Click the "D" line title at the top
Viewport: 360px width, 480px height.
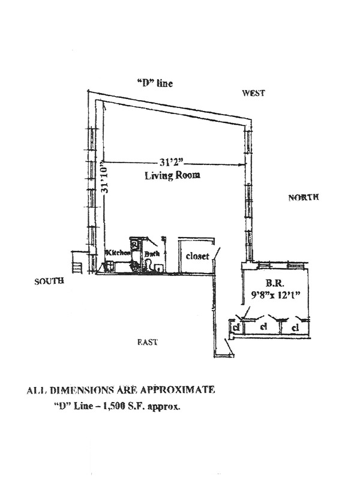(155, 83)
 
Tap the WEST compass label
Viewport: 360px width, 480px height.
(253, 93)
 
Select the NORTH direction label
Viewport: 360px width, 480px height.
(303, 197)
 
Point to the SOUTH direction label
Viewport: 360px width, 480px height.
(49, 281)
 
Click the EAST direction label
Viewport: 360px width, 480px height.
(148, 342)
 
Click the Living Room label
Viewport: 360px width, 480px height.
(172, 176)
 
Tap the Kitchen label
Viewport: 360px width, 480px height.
(118, 253)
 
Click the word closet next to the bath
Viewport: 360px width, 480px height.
(197, 256)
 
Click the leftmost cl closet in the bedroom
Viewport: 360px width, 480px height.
(237, 328)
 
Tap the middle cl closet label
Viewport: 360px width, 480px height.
(263, 328)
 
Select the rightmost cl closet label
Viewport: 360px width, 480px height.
(295, 328)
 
